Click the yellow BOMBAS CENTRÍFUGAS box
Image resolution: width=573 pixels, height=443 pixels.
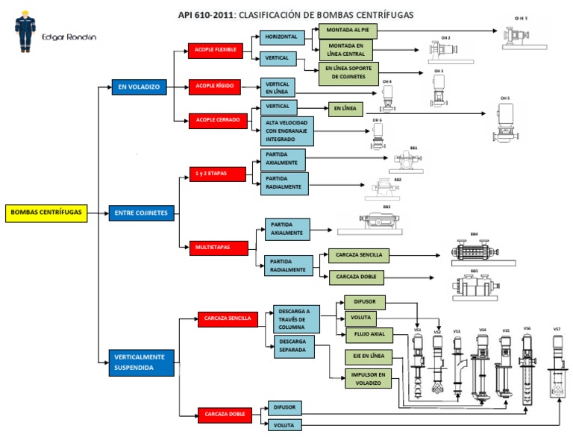tap(45, 213)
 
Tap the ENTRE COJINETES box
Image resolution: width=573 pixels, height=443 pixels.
tap(141, 213)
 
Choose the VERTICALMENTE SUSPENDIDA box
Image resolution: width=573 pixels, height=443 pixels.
tap(141, 362)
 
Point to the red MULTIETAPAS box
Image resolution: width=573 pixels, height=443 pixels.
tap(213, 246)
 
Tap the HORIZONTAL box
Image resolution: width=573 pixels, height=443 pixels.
tap(282, 37)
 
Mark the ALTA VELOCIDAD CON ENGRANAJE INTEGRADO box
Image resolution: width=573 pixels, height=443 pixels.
tap(286, 131)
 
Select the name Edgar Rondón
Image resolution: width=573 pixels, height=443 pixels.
tap(69, 37)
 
